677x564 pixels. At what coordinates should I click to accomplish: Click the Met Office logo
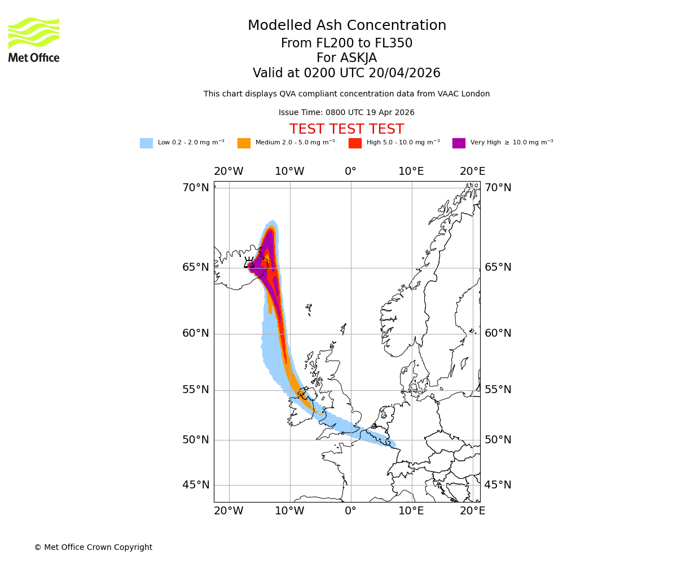[x=34, y=39]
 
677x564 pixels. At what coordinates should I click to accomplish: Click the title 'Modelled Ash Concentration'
[x=346, y=26]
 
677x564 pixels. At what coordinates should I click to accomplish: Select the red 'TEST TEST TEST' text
[x=346, y=129]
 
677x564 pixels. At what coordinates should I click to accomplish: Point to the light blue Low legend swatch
[x=146, y=143]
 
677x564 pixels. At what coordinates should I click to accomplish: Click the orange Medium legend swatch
[x=244, y=143]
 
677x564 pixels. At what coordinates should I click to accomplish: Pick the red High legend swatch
[x=355, y=143]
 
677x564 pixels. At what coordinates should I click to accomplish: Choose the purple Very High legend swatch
[x=459, y=143]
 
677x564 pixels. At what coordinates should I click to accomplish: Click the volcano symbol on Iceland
[x=249, y=263]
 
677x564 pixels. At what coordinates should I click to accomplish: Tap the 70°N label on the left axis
[x=195, y=188]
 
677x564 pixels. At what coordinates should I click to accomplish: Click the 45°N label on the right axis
[x=498, y=485]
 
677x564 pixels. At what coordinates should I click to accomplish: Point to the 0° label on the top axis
[x=350, y=171]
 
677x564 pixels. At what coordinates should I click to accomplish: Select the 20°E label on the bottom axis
[x=472, y=511]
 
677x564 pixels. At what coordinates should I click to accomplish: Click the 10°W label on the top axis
[x=289, y=171]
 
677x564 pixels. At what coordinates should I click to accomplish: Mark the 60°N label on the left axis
[x=195, y=333]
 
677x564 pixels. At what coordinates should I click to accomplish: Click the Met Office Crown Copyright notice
[x=93, y=547]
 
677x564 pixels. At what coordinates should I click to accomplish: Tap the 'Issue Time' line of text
[x=346, y=113]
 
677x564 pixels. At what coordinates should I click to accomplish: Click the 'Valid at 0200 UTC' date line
[x=346, y=73]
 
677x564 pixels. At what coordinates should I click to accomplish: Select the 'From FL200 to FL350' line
[x=346, y=43]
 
